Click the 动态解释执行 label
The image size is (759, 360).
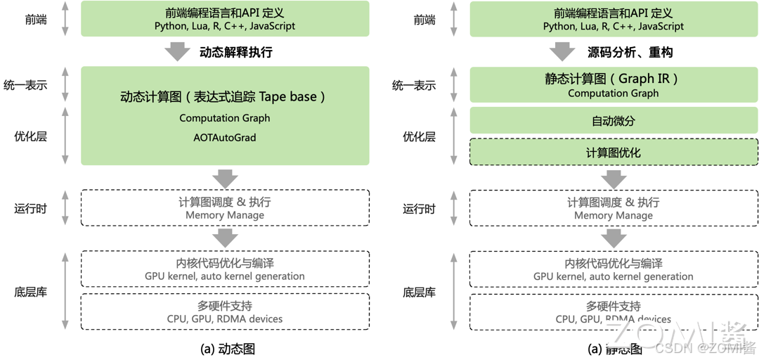[x=235, y=52]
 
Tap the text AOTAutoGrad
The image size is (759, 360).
[x=225, y=138]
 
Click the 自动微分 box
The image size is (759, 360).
[x=614, y=121]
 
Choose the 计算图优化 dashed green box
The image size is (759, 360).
[x=614, y=153]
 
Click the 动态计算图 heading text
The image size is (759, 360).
[x=224, y=97]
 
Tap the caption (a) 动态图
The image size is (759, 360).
[x=225, y=348]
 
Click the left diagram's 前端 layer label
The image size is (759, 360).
[x=36, y=20]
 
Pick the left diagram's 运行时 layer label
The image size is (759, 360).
[x=31, y=208]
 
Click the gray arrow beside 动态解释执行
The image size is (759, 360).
[x=177, y=51]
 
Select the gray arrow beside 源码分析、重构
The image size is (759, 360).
[x=562, y=51]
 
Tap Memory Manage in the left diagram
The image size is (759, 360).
[x=225, y=215]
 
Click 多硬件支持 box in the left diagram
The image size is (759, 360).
[x=225, y=311]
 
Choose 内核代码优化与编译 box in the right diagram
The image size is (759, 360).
[x=614, y=269]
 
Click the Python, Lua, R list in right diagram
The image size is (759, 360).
[x=614, y=27]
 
